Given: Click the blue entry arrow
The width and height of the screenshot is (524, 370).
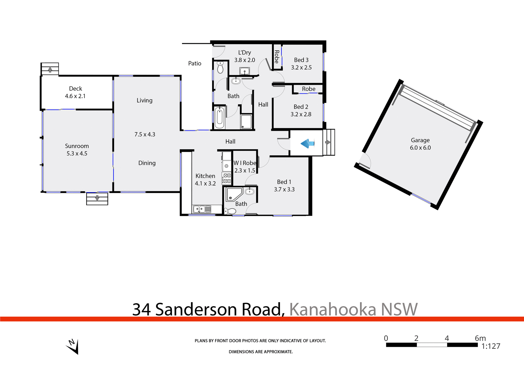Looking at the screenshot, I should tap(307, 143).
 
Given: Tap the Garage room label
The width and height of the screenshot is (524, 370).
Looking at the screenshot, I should tap(420, 140).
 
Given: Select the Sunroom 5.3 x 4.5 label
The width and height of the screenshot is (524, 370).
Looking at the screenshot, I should tap(77, 150).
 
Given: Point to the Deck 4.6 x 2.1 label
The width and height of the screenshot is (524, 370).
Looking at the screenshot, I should tap(75, 92).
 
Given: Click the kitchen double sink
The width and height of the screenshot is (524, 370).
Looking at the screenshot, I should tap(202, 209).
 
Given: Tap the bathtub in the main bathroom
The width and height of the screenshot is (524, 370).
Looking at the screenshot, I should tap(219, 118).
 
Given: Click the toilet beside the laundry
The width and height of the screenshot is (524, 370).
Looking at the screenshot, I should tap(220, 67).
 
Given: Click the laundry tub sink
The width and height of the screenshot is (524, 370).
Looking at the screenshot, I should tap(245, 71).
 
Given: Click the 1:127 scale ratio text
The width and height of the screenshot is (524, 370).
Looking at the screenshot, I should tap(491, 346).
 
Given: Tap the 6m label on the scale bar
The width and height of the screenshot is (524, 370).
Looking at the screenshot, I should tap(480, 338).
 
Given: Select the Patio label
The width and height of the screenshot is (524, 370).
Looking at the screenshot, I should tap(195, 63).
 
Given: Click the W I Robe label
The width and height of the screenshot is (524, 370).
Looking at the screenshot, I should tap(245, 163).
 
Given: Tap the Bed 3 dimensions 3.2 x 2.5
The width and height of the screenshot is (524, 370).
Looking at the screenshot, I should tap(301, 68).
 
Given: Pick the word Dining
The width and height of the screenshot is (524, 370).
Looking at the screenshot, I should tap(147, 163).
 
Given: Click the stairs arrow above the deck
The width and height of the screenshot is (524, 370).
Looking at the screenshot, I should tap(50, 69).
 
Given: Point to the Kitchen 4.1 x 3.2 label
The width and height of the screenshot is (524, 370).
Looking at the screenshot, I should tap(205, 180).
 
